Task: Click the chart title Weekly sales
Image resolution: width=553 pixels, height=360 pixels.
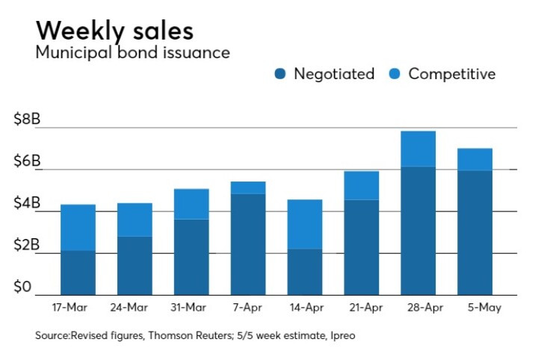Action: tap(114, 31)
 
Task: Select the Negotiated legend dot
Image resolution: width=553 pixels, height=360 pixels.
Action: tap(280, 74)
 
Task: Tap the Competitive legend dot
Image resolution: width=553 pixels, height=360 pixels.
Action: tap(395, 74)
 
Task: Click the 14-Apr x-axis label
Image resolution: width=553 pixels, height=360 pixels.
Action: tap(305, 308)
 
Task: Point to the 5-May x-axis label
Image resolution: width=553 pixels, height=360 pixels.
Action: tap(475, 308)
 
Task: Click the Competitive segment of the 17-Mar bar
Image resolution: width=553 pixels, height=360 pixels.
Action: tap(78, 227)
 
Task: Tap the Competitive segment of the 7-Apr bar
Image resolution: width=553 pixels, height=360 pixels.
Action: tap(248, 187)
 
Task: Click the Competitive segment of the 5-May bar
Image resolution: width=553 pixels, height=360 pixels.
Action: tap(475, 159)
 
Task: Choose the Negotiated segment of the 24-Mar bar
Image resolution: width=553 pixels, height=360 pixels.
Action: tap(135, 265)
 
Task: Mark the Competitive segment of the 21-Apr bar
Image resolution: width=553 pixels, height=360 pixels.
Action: tap(362, 185)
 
